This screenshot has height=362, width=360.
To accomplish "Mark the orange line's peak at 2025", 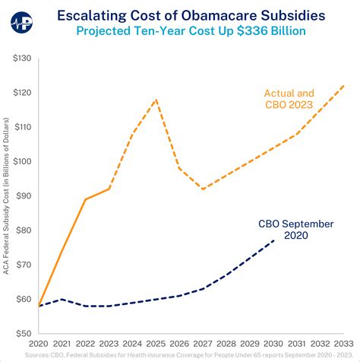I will tap(156, 99).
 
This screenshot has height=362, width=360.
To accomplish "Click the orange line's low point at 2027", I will tap(203, 189).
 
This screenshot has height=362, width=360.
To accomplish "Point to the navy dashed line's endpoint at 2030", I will tap(273, 240).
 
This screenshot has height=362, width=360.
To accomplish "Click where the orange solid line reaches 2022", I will tap(86, 199).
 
